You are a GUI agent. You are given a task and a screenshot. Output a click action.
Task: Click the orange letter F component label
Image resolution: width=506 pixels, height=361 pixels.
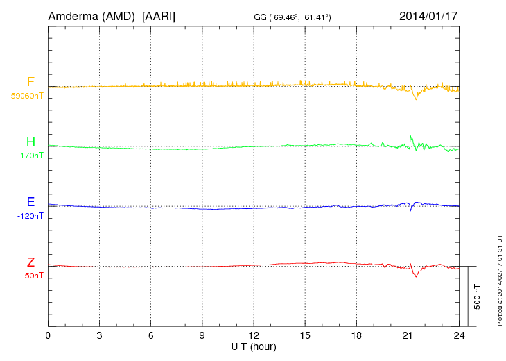[x=30, y=82]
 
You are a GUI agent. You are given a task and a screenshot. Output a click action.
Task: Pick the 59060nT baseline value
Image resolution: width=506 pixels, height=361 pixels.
[x=27, y=96]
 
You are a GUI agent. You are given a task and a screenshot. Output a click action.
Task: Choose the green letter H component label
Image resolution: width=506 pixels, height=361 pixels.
[x=30, y=142]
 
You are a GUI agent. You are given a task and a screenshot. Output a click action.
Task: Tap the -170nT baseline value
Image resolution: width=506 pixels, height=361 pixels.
[x=30, y=156]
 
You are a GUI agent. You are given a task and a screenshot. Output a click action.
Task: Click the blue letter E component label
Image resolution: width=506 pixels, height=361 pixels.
[x=30, y=202]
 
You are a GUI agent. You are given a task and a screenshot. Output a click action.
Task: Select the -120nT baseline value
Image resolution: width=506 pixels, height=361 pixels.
[x=30, y=216]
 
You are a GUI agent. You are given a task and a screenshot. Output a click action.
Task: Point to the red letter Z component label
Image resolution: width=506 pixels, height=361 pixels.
[x=30, y=262]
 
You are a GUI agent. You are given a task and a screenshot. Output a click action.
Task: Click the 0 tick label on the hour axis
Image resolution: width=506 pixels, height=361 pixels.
[x=48, y=336]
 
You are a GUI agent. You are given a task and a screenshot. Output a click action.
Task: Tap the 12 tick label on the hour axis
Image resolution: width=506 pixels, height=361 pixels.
[x=253, y=336]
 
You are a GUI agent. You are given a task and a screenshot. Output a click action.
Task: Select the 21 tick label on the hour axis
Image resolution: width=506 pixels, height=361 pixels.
[x=408, y=336]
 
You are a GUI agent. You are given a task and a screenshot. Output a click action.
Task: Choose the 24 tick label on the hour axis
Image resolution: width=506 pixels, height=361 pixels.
[x=458, y=336]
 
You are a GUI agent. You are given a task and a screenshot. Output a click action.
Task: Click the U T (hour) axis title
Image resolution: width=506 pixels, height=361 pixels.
[x=253, y=346]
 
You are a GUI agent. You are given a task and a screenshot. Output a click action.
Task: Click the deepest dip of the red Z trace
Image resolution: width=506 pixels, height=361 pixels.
[x=416, y=276]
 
